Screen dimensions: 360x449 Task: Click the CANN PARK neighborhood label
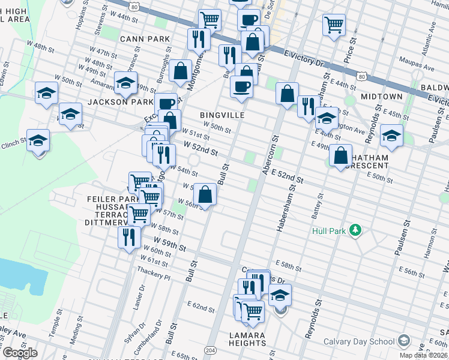tap(141, 39)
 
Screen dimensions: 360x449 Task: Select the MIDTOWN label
tap(382, 97)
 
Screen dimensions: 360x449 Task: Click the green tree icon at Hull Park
tap(356, 230)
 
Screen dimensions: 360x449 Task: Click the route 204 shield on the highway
tap(210, 350)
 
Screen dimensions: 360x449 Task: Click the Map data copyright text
tap(423, 355)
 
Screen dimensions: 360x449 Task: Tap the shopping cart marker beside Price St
tap(334, 25)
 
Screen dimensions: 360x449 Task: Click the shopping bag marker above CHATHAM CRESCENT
tap(340, 155)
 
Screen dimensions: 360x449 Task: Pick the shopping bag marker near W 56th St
tap(205, 195)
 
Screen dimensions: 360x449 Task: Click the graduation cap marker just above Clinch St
tap(38, 140)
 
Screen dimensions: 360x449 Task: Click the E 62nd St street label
tap(200, 307)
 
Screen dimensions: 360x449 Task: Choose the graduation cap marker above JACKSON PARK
tap(125, 83)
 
